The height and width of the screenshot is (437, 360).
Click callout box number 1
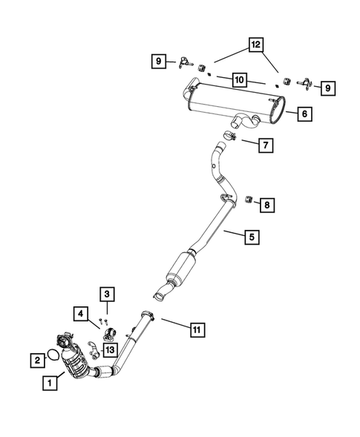pos(48,384)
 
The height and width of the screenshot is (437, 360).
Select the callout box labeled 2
pos(36,360)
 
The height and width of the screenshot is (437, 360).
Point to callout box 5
pos(252,237)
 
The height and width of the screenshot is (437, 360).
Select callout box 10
pos(239,79)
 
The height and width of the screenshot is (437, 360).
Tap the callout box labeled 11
pos(196,328)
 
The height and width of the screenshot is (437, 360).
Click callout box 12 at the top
pos(255,46)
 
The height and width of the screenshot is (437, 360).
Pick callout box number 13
pos(109,349)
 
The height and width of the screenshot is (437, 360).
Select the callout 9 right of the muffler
pos(326,88)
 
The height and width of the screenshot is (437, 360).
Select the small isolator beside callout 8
pos(249,198)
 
